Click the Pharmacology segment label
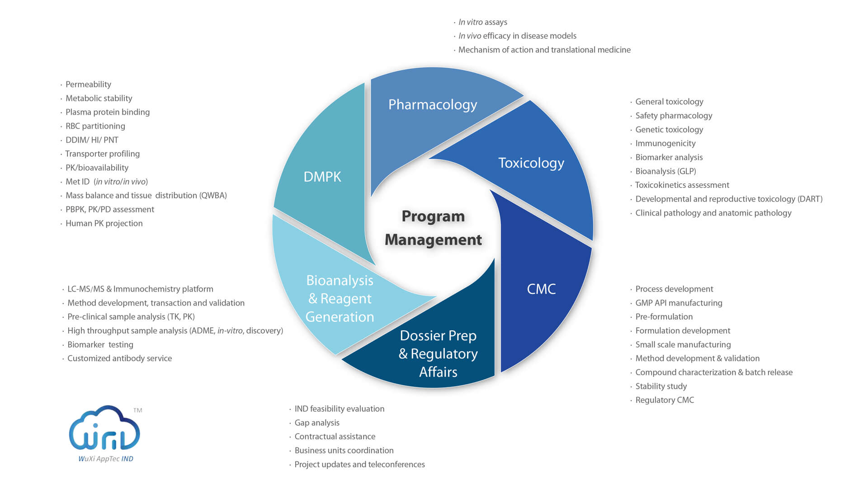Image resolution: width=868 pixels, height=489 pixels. point(433,105)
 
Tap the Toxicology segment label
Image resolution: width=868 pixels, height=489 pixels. point(531,163)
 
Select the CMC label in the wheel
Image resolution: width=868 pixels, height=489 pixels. point(541,289)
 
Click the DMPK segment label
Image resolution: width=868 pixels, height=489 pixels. point(322,177)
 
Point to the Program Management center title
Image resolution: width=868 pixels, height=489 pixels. point(433,228)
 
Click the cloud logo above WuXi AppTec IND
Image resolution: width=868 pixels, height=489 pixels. point(104,428)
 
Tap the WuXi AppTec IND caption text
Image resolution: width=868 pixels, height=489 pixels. point(106,459)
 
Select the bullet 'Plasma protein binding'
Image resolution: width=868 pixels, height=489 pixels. point(108,112)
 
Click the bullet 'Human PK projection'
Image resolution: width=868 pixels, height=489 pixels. point(104,223)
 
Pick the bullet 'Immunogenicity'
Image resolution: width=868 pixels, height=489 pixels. point(665,144)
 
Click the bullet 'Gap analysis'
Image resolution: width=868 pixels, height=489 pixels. point(317,423)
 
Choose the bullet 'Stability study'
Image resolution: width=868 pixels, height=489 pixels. point(661,386)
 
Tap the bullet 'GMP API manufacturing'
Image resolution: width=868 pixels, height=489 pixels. point(679,303)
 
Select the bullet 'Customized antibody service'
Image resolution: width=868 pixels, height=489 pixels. point(119,358)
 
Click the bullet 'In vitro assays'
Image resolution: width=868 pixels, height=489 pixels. point(483,22)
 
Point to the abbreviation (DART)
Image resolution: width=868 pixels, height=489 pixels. point(810,199)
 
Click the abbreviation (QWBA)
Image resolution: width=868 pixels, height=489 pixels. point(212,196)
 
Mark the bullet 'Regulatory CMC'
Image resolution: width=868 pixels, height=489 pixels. point(665,400)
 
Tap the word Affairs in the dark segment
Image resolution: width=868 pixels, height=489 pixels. point(438,372)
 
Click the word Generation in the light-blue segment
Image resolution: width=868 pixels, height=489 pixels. point(340,317)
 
